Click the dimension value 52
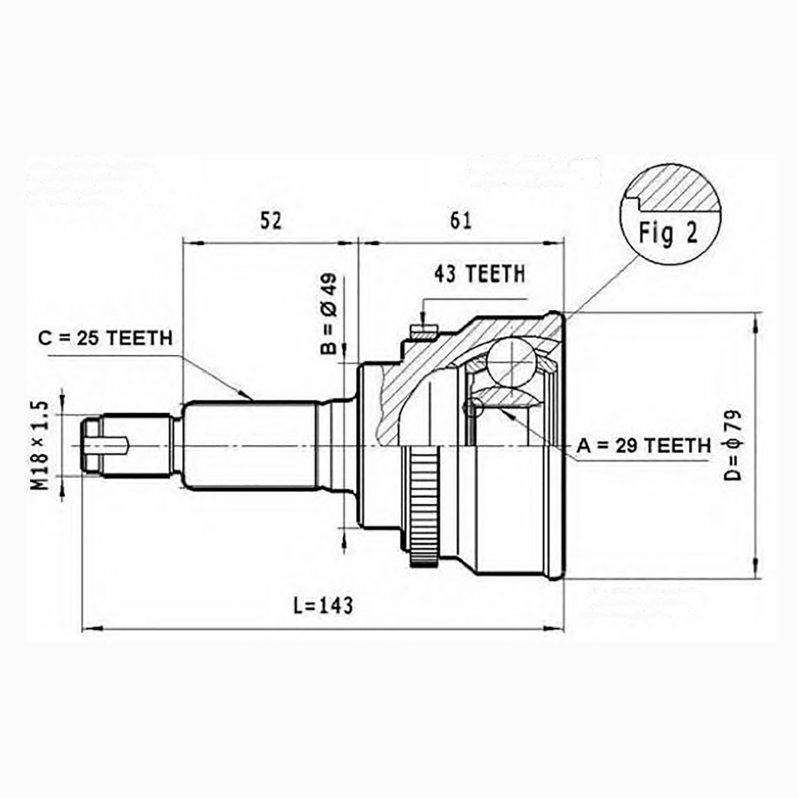pyautogui.click(x=271, y=221)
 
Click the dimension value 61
pyautogui.click(x=461, y=221)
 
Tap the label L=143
pyautogui.click(x=323, y=605)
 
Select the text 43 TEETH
pyautogui.click(x=479, y=274)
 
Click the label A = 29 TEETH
pyautogui.click(x=644, y=446)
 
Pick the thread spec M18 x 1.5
pyautogui.click(x=40, y=445)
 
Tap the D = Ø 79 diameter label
pyautogui.click(x=733, y=445)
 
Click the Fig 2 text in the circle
pyautogui.click(x=668, y=233)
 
